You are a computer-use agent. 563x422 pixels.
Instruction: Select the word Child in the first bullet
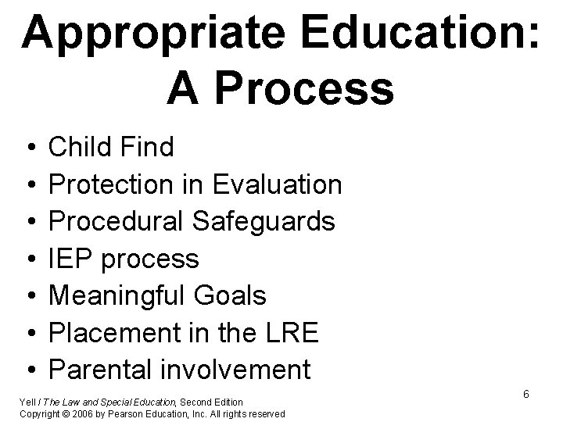pyautogui.click(x=82, y=147)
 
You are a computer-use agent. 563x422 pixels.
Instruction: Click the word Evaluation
pyautogui.click(x=278, y=184)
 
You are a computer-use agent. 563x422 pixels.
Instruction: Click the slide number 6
pyautogui.click(x=526, y=394)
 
